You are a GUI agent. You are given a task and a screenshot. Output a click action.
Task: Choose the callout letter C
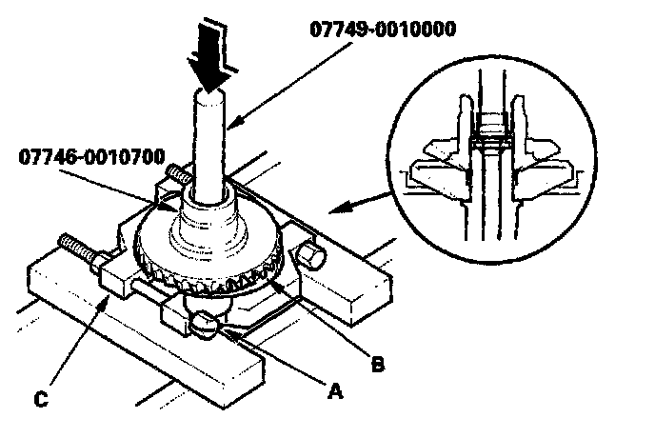pos(41,399)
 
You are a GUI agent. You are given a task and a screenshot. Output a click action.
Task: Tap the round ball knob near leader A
pos(206,325)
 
